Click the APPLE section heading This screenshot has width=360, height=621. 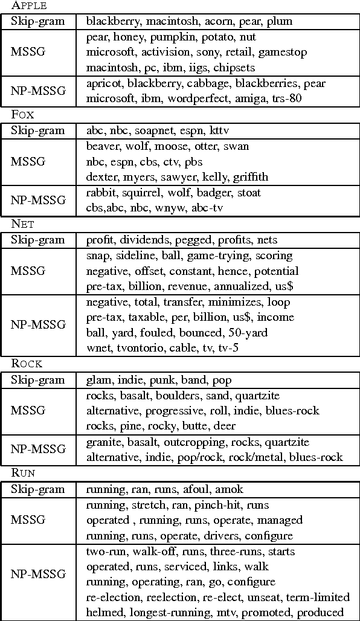pyautogui.click(x=30, y=6)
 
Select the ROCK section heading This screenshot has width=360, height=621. pyautogui.click(x=27, y=364)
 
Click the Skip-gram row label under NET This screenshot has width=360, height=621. pyautogui.click(x=37, y=240)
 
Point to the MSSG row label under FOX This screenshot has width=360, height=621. pyautogui.click(x=28, y=162)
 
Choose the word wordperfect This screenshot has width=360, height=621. pyautogui.click(x=194, y=98)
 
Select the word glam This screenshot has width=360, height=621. pyautogui.click(x=98, y=381)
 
